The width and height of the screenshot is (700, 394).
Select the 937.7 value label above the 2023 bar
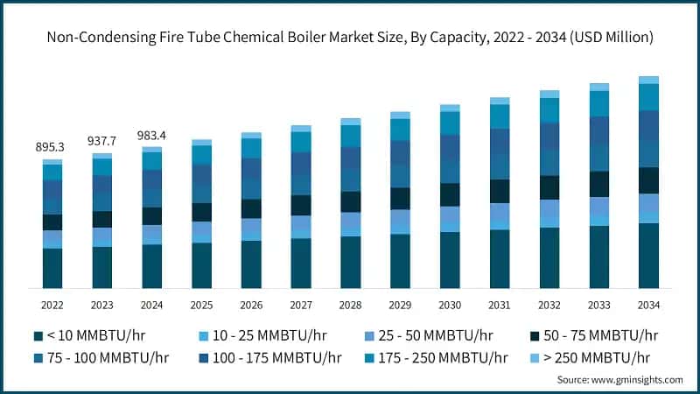[x=102, y=141]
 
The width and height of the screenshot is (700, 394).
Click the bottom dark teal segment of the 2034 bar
[x=648, y=256]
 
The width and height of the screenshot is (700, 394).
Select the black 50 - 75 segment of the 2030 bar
[x=450, y=194]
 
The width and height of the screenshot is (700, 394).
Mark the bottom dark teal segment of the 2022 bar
[x=52, y=268]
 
